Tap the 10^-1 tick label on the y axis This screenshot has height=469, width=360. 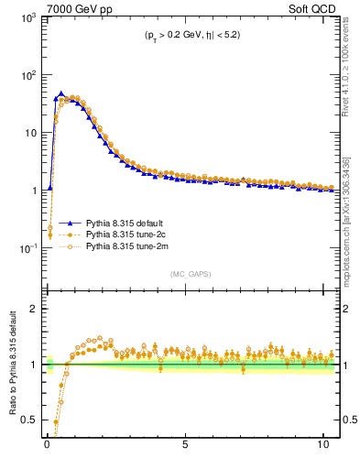[x=27, y=248]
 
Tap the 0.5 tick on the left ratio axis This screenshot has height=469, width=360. [x=30, y=420]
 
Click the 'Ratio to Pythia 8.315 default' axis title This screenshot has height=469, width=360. [x=13, y=365]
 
